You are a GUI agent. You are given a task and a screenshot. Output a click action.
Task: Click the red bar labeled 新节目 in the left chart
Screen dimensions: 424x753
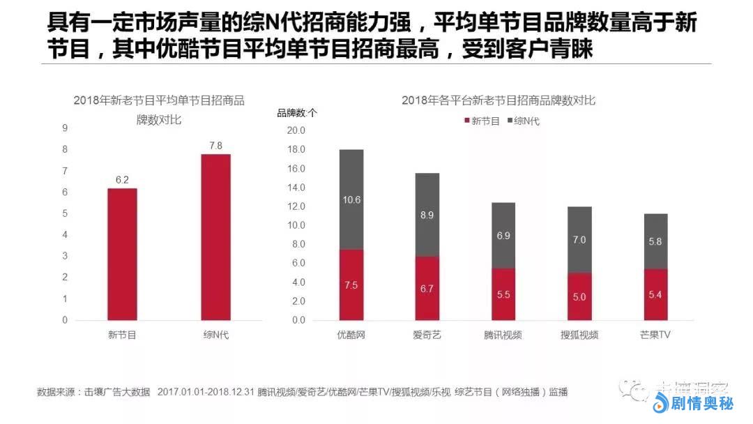pyautogui.click(x=122, y=254)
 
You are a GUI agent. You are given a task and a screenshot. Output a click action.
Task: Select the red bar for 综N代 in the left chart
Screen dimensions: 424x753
pyautogui.click(x=215, y=237)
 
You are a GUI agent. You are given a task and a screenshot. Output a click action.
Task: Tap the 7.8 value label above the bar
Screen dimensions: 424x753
pyautogui.click(x=215, y=146)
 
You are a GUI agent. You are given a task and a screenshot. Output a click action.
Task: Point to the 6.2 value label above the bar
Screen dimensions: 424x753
pyautogui.click(x=122, y=180)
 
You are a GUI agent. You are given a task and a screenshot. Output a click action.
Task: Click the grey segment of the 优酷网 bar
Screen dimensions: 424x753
pyautogui.click(x=351, y=199)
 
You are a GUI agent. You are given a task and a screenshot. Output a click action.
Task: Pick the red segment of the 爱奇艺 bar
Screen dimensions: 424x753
pyautogui.click(x=427, y=288)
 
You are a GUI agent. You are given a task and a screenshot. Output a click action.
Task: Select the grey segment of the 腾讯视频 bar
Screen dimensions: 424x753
pyautogui.click(x=503, y=236)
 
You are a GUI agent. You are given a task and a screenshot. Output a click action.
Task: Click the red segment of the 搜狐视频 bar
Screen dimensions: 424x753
pyautogui.click(x=579, y=296)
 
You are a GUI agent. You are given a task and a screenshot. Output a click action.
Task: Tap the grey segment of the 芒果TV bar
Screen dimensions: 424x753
pyautogui.click(x=655, y=241)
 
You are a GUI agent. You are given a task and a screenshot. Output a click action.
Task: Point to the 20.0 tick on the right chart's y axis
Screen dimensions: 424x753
pyautogui.click(x=297, y=130)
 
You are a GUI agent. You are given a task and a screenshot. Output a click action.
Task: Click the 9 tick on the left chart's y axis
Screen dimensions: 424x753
pyautogui.click(x=65, y=128)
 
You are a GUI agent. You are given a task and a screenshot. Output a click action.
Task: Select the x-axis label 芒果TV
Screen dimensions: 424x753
pyautogui.click(x=655, y=335)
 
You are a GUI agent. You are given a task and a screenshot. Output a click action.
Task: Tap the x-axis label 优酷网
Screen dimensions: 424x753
pyautogui.click(x=351, y=335)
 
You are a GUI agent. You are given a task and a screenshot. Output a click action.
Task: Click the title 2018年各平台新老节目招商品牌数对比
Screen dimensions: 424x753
pyautogui.click(x=499, y=100)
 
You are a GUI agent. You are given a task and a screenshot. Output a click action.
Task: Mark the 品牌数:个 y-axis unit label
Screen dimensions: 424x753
pyautogui.click(x=297, y=113)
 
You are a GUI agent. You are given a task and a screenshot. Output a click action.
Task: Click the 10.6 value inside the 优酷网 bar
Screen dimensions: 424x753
pyautogui.click(x=351, y=199)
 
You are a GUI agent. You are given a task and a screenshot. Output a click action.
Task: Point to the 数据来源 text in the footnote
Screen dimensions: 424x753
pyautogui.click(x=57, y=392)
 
